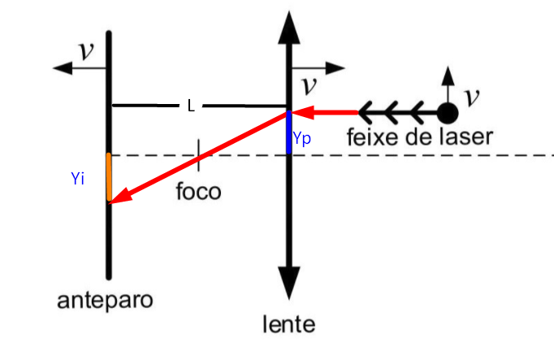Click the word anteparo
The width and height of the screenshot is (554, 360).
point(106,301)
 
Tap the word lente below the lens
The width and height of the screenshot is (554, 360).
point(288,325)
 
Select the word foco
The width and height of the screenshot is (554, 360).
point(198,194)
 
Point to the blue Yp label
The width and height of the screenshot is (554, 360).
point(302,139)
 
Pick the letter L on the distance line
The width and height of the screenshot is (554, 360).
point(191,106)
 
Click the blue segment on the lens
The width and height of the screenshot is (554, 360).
point(288,132)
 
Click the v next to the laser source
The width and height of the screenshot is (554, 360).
point(470,96)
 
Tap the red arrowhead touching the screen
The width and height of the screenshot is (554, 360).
point(118,197)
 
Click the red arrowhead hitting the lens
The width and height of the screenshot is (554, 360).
point(300,111)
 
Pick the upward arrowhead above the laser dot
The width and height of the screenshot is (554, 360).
point(446,75)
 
